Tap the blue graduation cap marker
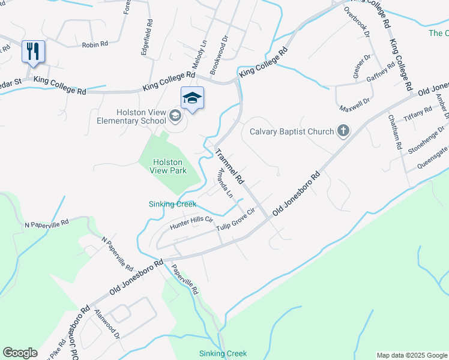click(192, 98)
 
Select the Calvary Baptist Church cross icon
click(343, 131)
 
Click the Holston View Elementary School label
click(131, 116)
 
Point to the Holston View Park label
click(170, 166)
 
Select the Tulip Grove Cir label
click(236, 217)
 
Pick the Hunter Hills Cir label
click(191, 224)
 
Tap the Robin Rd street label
click(95, 44)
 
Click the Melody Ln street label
click(199, 53)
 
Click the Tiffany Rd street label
click(418, 113)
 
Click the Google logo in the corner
click(20, 353)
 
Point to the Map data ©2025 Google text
click(412, 355)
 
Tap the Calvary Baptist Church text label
click(291, 131)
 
